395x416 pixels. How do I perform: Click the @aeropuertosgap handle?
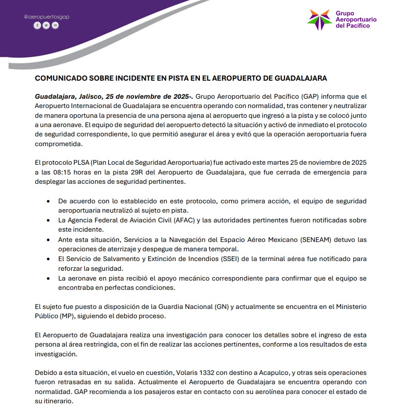click(47, 17)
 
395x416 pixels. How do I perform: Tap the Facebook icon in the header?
click(37, 25)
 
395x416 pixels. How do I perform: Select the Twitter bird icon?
click(46, 25)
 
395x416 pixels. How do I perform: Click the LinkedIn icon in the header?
click(55, 25)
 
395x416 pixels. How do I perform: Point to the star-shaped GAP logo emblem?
click(319, 19)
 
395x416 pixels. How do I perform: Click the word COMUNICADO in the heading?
click(62, 78)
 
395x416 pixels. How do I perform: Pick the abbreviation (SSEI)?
click(237, 259)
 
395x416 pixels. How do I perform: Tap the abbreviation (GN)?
click(220, 307)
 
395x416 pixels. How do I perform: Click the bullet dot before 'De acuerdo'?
click(47, 201)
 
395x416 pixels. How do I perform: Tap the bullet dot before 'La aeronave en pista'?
click(47, 278)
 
